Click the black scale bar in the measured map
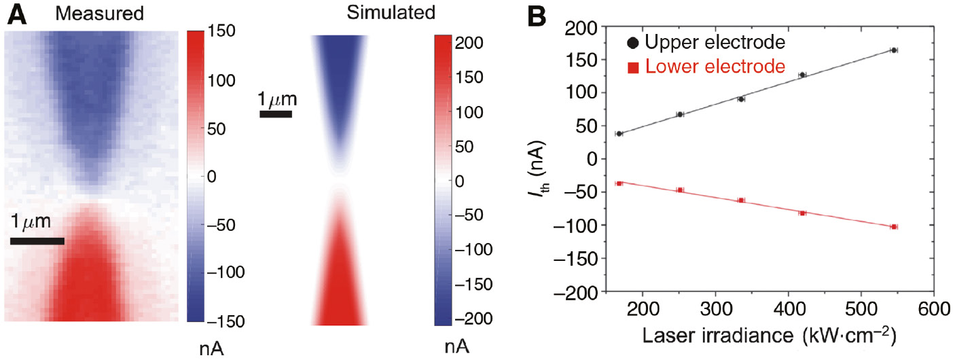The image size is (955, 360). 37,240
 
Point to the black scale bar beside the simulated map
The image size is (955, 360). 276,114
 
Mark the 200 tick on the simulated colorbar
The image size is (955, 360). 469,43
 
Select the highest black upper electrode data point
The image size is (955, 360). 894,50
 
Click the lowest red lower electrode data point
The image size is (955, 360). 894,227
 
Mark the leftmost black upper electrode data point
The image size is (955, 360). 619,134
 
